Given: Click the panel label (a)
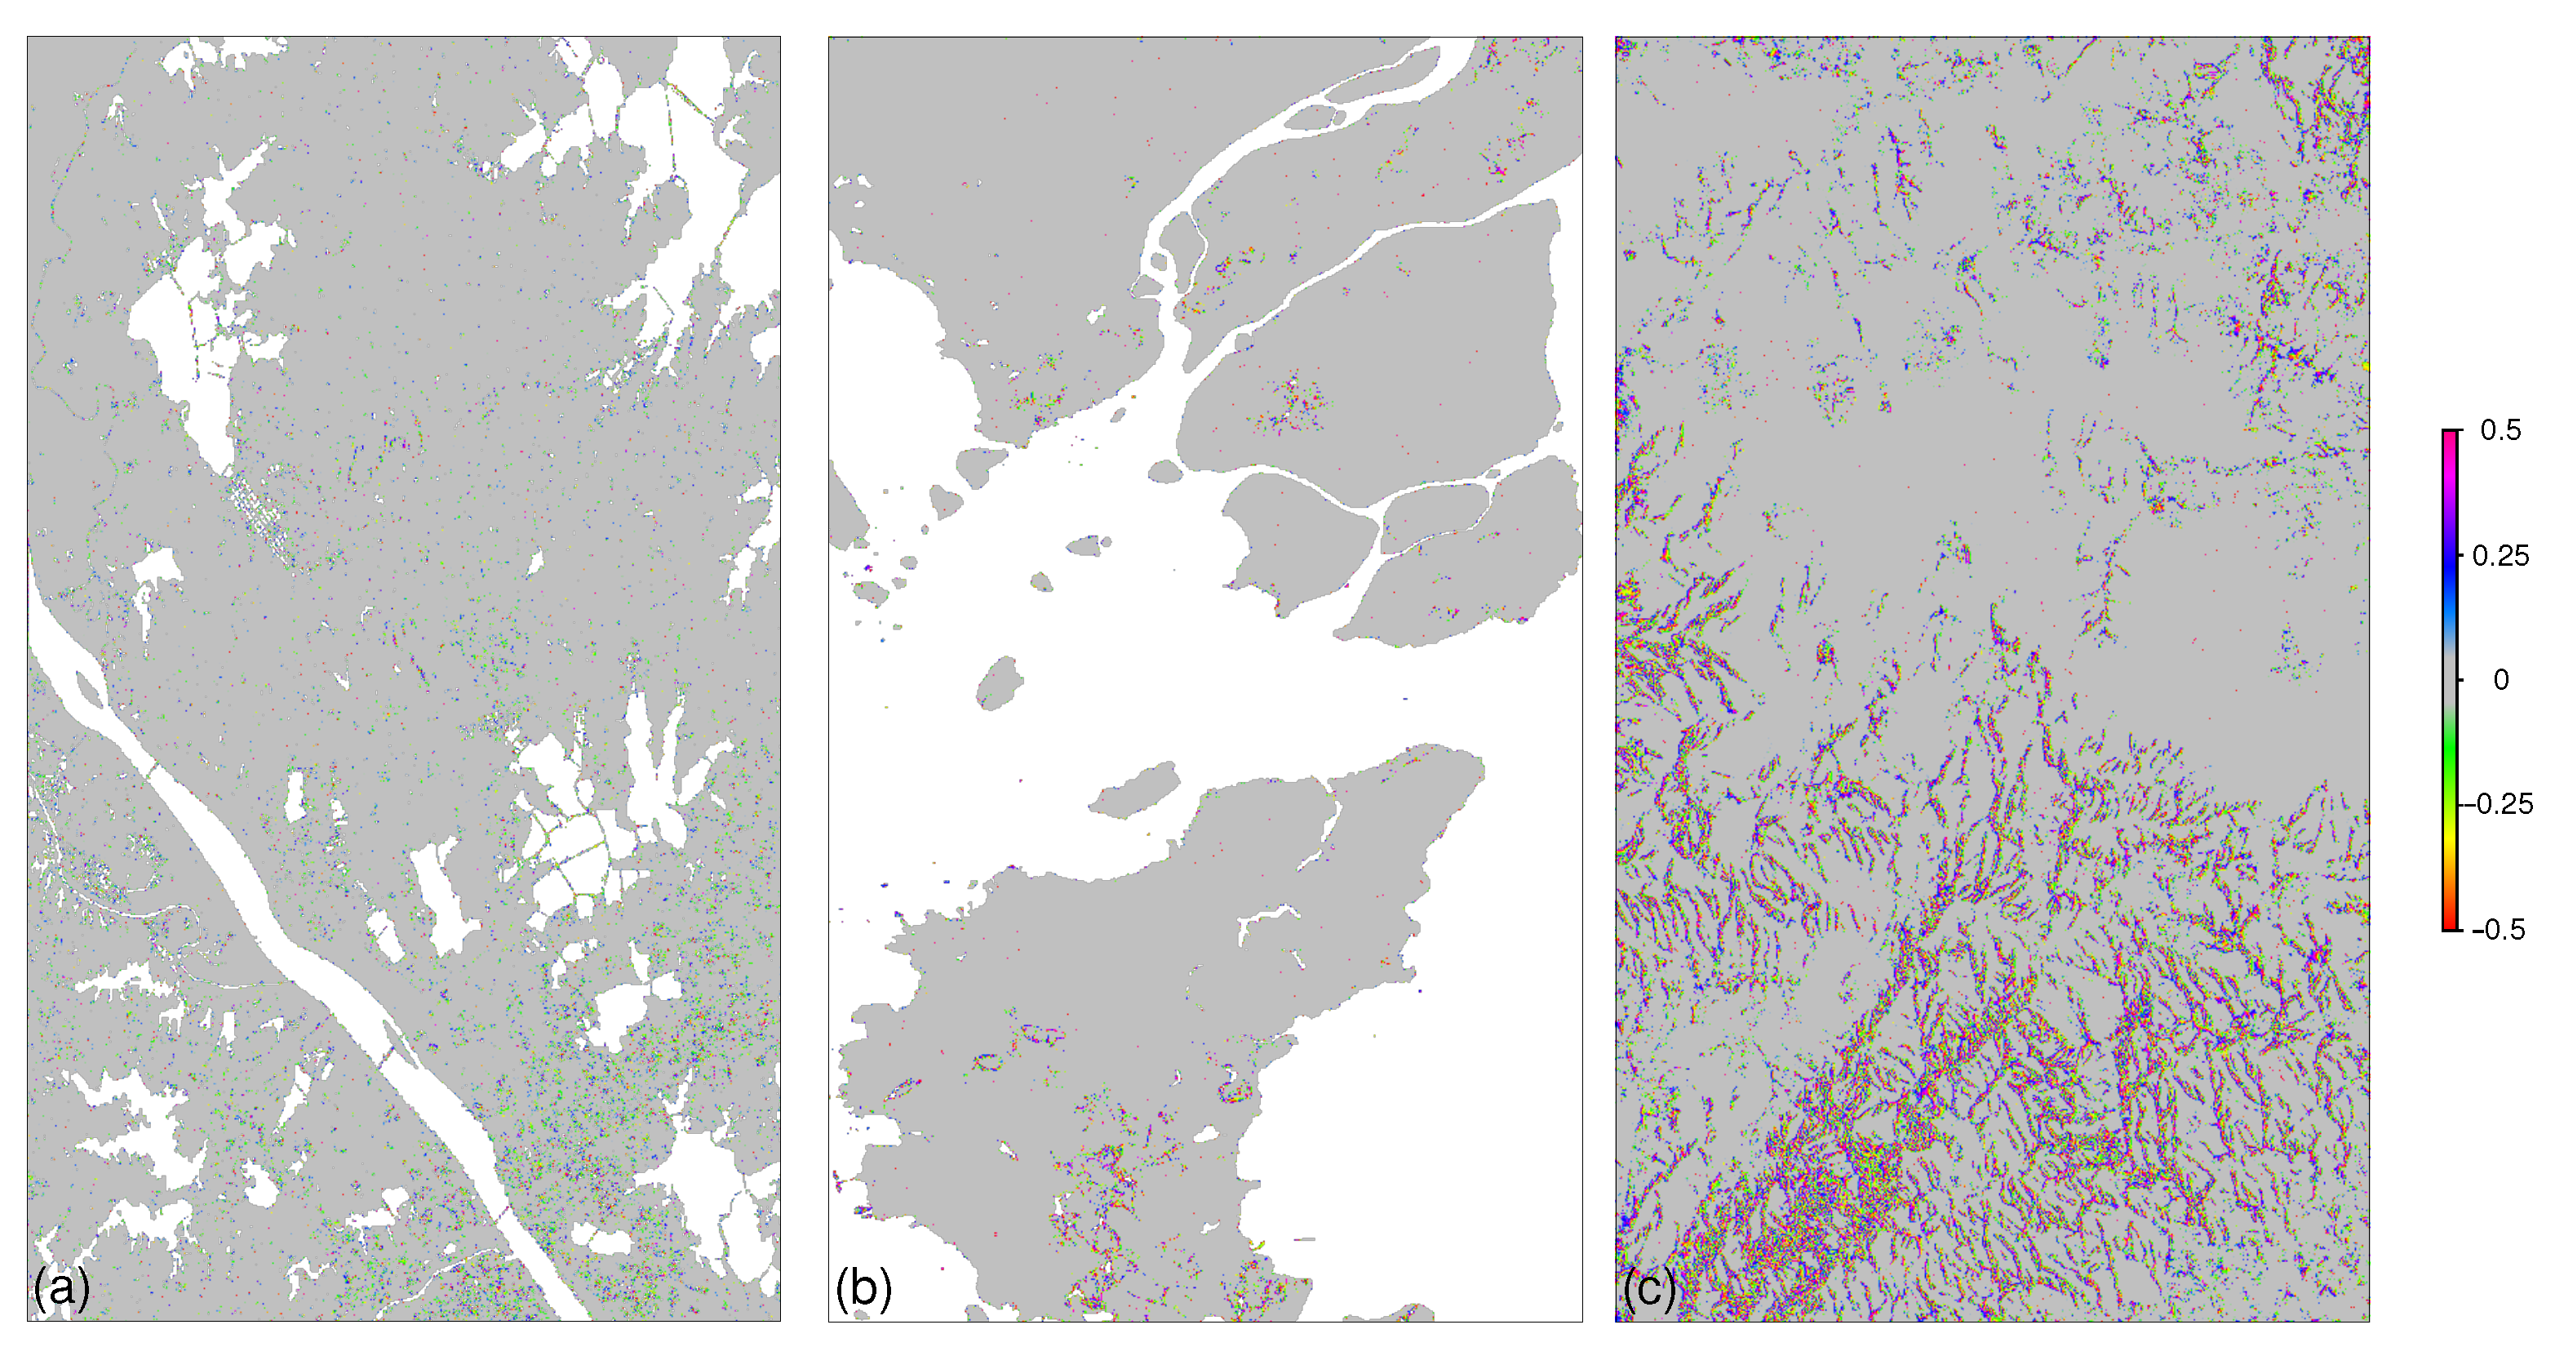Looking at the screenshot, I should (61, 1287).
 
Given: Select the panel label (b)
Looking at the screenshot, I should (863, 1287).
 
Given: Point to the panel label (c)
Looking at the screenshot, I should (1648, 1287).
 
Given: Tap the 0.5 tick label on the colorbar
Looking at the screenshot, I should (2500, 430).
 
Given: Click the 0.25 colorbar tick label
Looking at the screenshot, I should (2500, 555).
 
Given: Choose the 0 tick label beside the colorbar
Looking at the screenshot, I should (2500, 679).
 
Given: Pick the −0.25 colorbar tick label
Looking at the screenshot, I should (2504, 803).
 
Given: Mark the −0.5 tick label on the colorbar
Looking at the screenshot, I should (2500, 929).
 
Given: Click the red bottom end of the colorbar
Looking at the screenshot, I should (2450, 924).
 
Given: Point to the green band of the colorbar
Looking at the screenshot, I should (2450, 754).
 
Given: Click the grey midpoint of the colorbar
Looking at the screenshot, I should (2450, 679).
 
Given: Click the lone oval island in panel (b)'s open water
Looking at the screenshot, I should (1000, 682).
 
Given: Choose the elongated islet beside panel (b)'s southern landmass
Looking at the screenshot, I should (1136, 790).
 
